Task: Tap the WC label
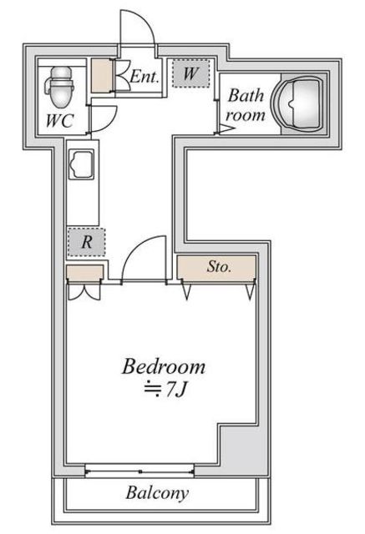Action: click(60, 120)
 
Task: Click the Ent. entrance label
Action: click(144, 77)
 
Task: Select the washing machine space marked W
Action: click(190, 73)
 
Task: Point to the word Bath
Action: click(246, 96)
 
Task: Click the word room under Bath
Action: click(246, 115)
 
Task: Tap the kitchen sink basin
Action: click(82, 164)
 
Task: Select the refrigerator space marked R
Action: click(87, 242)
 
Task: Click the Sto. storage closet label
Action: click(219, 267)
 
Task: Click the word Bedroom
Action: click(164, 366)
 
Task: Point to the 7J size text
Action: click(176, 390)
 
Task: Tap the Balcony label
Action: click(157, 493)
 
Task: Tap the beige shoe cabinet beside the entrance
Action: click(102, 76)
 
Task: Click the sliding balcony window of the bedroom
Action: click(139, 471)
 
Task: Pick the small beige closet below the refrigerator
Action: click(84, 273)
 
